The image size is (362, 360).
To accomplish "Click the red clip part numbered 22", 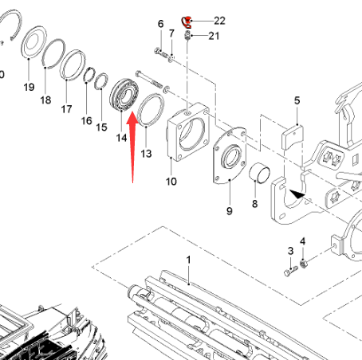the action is pos(187,22).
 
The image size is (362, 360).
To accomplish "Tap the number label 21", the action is pos(214,36).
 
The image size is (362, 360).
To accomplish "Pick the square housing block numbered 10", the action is pos(187,133).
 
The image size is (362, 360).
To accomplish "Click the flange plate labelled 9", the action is pos(229,156).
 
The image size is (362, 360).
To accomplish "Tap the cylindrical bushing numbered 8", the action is pos(259,173).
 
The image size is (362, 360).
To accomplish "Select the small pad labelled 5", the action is pos(291,138).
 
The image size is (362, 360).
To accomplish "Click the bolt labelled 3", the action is pos(291,271).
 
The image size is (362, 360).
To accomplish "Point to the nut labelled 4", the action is pos(303,263).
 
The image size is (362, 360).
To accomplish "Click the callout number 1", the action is pos(188,260).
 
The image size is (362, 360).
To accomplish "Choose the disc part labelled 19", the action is pos(33,41).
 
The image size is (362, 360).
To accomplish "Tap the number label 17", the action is pos(66,109).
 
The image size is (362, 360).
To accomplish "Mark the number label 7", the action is pos(171,33).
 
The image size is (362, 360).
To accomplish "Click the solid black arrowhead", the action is pos(297,194).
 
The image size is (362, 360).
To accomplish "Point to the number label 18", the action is pos(45,100).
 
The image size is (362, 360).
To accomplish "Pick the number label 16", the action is pos(86,121).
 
